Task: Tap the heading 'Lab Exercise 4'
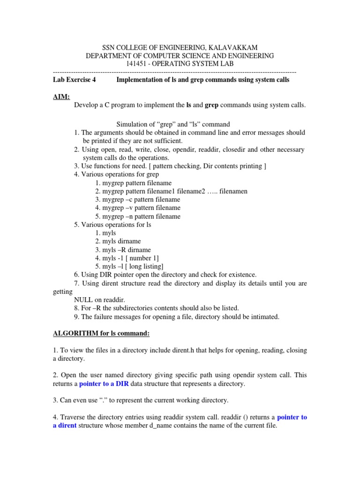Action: coord(75,80)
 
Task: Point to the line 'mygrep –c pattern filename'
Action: coord(137,200)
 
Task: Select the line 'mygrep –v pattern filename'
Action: coord(137,208)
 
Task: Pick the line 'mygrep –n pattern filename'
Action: coord(137,217)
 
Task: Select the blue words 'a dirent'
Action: coord(64,425)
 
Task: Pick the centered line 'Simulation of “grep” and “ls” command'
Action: coord(173,124)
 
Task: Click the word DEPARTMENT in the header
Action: coord(109,56)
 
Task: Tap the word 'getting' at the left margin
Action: coord(63,291)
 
